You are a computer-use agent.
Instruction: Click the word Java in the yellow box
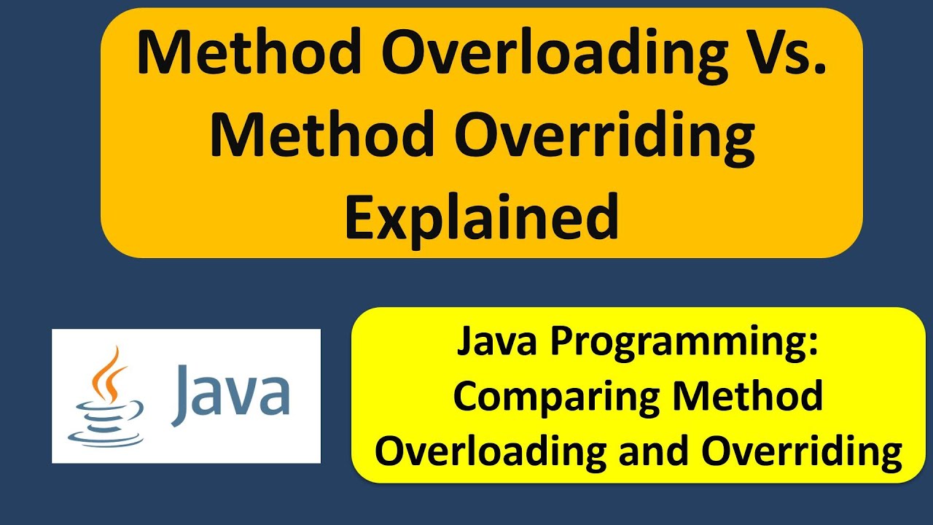(x=488, y=343)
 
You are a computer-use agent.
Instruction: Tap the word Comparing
(x=555, y=397)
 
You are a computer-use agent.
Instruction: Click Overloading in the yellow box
(x=491, y=451)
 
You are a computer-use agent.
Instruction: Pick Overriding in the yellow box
(x=803, y=451)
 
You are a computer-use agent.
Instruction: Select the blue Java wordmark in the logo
(x=231, y=394)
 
